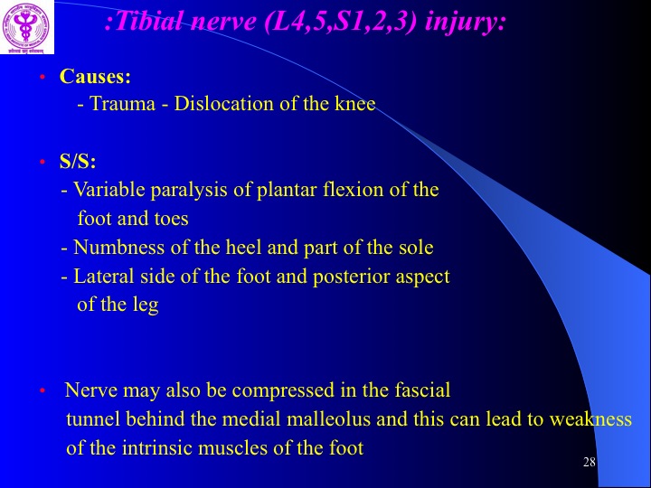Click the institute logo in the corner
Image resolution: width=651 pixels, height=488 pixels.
tap(27, 27)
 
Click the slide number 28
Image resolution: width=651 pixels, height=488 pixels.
tap(590, 462)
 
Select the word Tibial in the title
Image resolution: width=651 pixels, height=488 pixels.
tap(148, 22)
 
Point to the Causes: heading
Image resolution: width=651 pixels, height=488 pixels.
tap(95, 76)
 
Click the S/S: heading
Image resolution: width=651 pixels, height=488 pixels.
tap(78, 161)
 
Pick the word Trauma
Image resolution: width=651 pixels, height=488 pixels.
tap(122, 103)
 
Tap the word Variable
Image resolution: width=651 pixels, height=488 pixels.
tap(109, 190)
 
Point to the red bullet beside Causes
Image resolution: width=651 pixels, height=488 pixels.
tap(42, 77)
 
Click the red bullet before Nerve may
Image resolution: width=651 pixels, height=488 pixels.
tap(42, 390)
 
